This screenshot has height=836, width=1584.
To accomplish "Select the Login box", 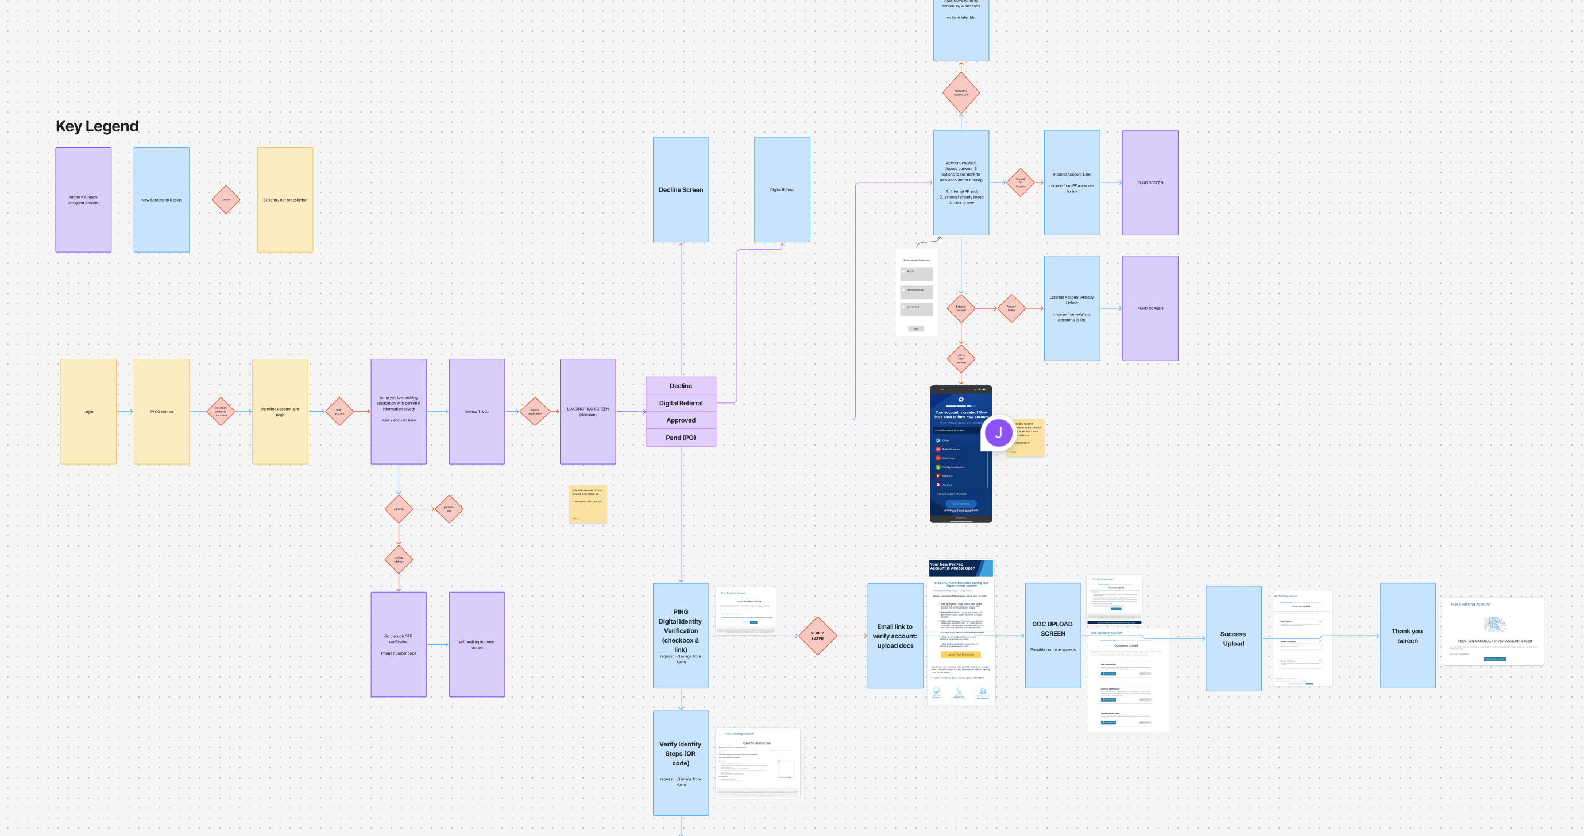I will coord(88,411).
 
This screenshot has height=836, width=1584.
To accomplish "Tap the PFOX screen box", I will coord(162,411).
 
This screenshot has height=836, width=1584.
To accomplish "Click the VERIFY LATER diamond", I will coord(817,636).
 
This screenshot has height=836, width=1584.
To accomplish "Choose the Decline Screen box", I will coord(681,189).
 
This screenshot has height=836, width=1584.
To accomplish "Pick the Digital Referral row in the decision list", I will coord(681,403).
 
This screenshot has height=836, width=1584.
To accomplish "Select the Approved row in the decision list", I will coord(681,420).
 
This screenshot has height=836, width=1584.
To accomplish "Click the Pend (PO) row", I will coord(681,438).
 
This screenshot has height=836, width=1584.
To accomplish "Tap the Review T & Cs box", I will coord(477,411).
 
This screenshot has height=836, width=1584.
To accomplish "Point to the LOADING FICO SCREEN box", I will coord(588,411).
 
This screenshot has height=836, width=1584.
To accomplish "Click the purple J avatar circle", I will coord(998,433).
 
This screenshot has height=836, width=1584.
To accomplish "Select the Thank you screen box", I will coord(1408,636).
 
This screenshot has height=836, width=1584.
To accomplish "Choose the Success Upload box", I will coord(1233,638).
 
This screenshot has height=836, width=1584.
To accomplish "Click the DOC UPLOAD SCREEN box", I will coord(1053,636).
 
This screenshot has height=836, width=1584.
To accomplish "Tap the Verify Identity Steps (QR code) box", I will coord(681,763).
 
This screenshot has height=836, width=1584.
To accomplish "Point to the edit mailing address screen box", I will coord(477,644).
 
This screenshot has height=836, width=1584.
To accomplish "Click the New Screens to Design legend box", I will coord(162,200).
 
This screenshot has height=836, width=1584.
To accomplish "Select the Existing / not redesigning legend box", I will coord(285,200).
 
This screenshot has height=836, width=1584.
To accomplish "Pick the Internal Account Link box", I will coord(1072,183).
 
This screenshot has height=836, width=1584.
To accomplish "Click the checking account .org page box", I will coord(280,411).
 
